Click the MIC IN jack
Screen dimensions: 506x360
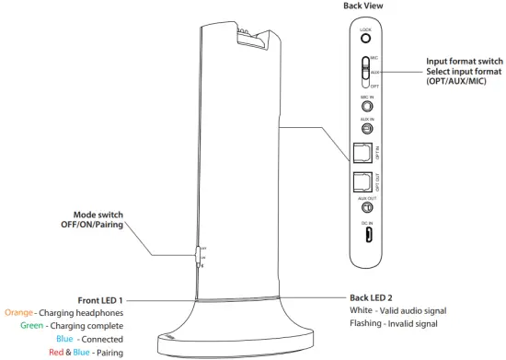coord(364,106)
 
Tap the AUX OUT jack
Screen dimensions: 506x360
coord(364,208)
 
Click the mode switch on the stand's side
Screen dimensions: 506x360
coord(198,257)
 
